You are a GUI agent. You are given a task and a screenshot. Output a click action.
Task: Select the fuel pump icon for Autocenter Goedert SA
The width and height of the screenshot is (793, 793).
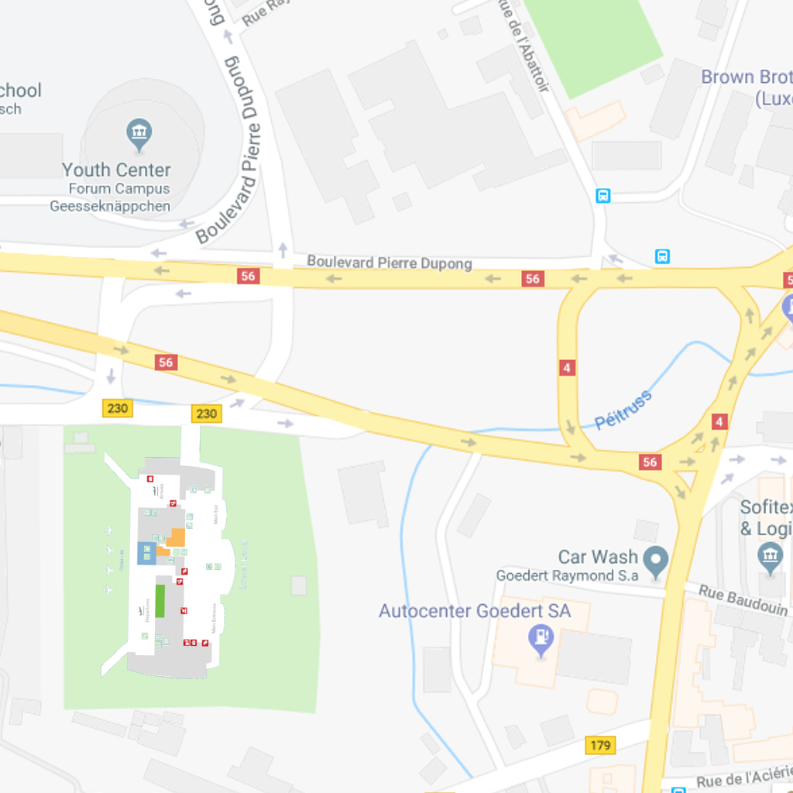point(540,639)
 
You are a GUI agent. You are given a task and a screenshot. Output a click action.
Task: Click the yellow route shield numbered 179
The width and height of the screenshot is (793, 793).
point(601,746)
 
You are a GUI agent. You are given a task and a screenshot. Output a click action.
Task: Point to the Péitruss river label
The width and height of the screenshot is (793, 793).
point(623,410)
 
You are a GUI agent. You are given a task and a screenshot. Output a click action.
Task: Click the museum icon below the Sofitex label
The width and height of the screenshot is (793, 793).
point(771,556)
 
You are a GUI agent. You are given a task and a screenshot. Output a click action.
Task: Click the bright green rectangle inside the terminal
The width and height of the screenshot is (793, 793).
point(160,601)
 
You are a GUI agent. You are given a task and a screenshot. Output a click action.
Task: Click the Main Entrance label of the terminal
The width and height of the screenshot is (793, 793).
point(214,619)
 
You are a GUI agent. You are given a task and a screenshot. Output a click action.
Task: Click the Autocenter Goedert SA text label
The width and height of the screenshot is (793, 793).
point(474,611)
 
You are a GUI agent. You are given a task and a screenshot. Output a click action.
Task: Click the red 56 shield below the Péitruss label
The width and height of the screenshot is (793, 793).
point(650,462)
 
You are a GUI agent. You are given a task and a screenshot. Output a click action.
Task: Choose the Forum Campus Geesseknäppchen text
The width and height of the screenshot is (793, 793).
point(110,197)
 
